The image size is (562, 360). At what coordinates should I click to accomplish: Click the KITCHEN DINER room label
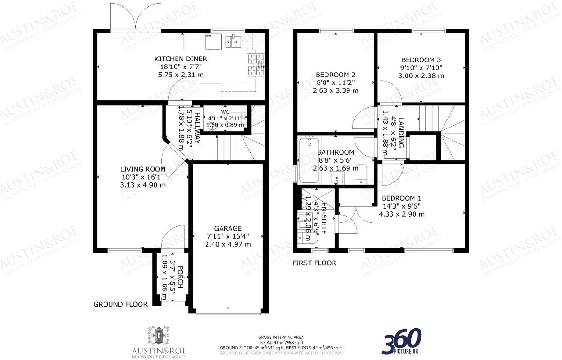[x=181, y=59]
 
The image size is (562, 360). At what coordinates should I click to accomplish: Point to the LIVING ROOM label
[x=143, y=169]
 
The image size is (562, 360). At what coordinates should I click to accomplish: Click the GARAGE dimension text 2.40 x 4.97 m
[x=228, y=244]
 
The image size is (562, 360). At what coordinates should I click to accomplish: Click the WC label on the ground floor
[x=225, y=112]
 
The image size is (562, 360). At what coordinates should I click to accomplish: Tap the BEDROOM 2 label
[x=335, y=75]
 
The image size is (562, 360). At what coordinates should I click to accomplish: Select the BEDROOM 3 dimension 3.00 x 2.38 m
[x=421, y=75]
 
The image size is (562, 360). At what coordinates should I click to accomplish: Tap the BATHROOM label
[x=335, y=152]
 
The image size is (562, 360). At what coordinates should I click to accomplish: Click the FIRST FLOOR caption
[x=314, y=263]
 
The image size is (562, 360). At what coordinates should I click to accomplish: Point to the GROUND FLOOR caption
[x=120, y=304]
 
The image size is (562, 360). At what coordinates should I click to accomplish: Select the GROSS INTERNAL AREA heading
[x=281, y=337]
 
